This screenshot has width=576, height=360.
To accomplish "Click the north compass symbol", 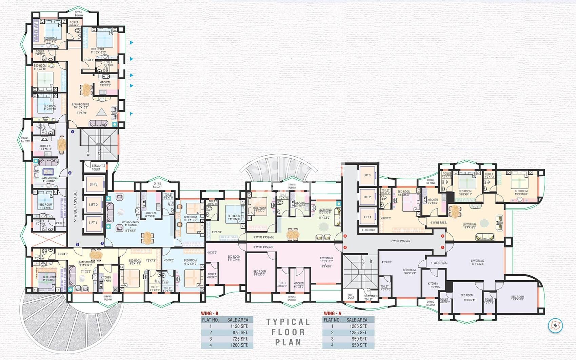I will [555, 325].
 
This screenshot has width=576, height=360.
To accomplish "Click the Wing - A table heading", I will [332, 314].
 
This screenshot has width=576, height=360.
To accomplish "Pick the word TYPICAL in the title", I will [288, 322].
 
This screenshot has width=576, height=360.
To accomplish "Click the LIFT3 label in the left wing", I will [94, 184].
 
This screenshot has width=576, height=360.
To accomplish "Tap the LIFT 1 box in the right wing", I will [367, 217].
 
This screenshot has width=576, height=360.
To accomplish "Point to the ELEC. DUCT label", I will [368, 230].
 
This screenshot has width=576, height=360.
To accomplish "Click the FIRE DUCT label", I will [351, 296].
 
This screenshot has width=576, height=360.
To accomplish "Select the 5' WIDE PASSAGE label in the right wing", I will [401, 241].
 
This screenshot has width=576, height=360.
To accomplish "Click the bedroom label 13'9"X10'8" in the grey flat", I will [517, 298].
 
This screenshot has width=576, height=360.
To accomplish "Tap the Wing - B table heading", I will [210, 314].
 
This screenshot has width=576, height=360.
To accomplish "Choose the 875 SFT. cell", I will [240, 333].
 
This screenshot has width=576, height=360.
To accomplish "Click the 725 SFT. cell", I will [240, 339].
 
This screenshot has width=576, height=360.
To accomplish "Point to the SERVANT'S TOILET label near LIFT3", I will [98, 167].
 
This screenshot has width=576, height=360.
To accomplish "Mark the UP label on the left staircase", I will [88, 153].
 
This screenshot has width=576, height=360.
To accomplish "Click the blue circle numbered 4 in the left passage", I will [72, 132].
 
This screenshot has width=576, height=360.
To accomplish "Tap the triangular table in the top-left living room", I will [101, 112].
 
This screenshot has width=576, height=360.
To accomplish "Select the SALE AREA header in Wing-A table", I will [357, 320].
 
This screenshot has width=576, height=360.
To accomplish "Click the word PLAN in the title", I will [288, 342].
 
